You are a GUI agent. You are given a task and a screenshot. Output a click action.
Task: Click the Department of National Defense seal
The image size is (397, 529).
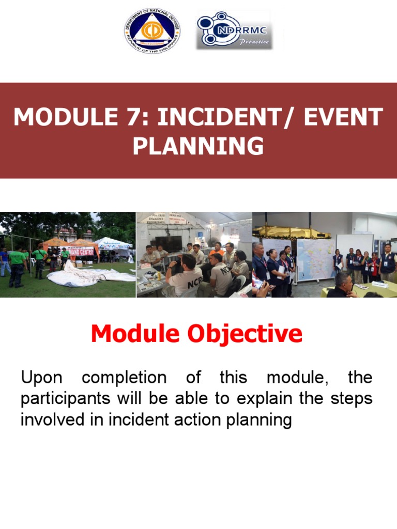coord(152,31)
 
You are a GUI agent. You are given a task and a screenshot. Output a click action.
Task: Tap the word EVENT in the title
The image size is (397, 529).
coord(343,117)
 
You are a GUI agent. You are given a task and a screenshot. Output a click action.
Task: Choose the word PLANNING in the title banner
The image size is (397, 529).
coord(198,146)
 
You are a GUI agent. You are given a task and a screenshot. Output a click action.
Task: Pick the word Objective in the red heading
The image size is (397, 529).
coord(246,334)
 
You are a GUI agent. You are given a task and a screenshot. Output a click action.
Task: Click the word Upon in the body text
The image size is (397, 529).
coord(41,378)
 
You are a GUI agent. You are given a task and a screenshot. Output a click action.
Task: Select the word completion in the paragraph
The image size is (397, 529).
coord(124,378)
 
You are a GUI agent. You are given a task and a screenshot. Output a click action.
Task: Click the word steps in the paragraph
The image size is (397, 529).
coord(354,399)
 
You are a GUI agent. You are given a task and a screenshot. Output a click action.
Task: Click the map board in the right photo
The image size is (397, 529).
coord(315,258)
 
